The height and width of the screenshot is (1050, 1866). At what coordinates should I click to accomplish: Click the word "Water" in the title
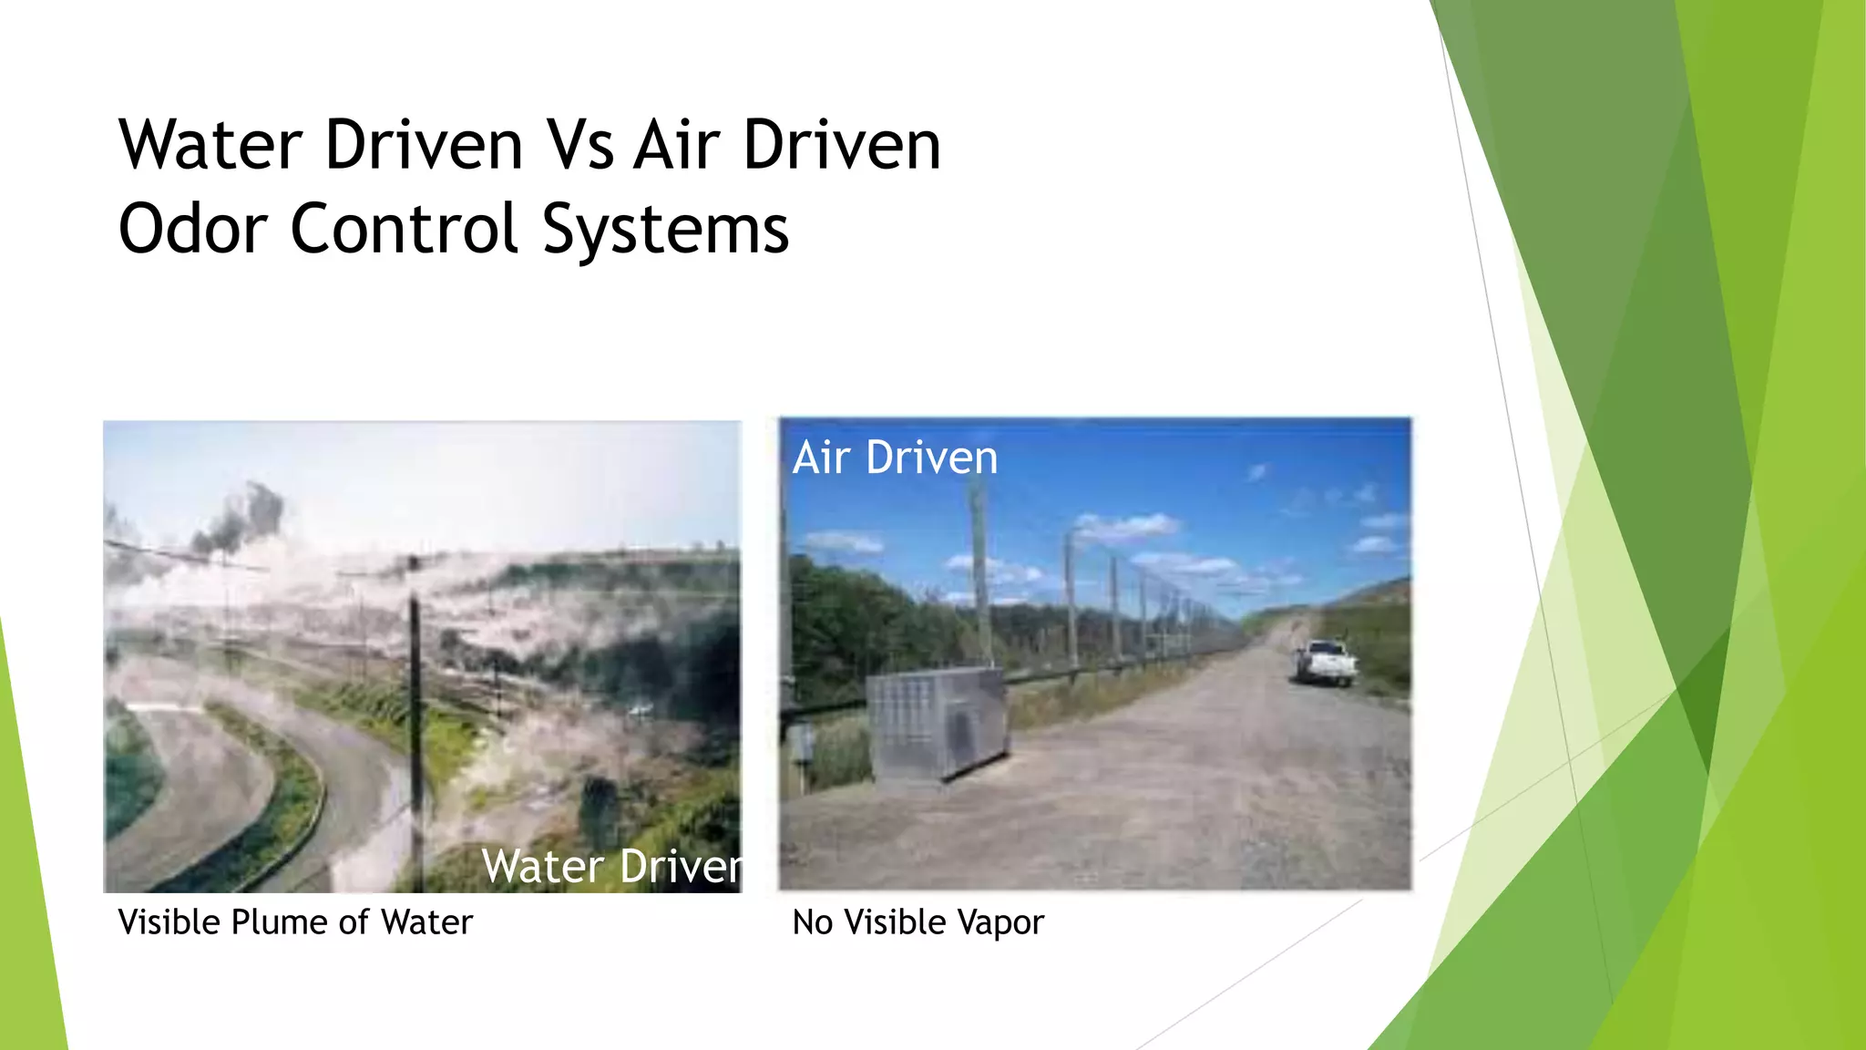click(x=210, y=146)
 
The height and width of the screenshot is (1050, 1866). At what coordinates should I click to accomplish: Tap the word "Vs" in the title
click(x=579, y=146)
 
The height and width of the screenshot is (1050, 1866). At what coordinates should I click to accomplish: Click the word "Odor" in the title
click(x=193, y=229)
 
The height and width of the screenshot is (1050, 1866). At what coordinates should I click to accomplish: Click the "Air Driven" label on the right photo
click(x=895, y=458)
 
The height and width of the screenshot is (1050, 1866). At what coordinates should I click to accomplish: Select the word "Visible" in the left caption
click(x=169, y=922)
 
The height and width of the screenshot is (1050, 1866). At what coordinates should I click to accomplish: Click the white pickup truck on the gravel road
click(x=1326, y=662)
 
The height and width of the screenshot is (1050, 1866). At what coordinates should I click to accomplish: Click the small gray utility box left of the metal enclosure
click(x=801, y=743)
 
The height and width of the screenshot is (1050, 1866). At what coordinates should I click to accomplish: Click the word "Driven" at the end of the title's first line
click(x=842, y=146)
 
